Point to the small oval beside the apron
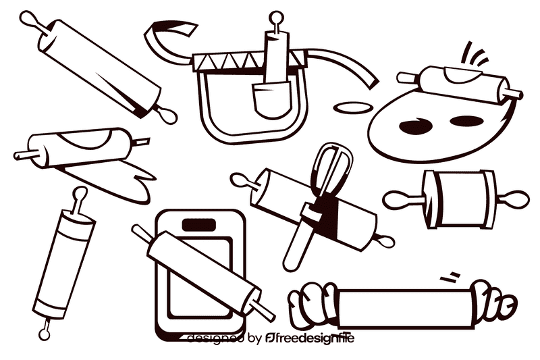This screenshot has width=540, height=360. tap(353, 106)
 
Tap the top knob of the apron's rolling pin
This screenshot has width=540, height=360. tap(275, 17)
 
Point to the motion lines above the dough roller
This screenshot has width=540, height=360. tap(477, 54)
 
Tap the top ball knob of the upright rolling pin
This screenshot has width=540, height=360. tap(80, 195)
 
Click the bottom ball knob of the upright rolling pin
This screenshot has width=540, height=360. tap(45, 331)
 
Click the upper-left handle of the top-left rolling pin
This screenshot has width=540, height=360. tap(30, 21)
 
